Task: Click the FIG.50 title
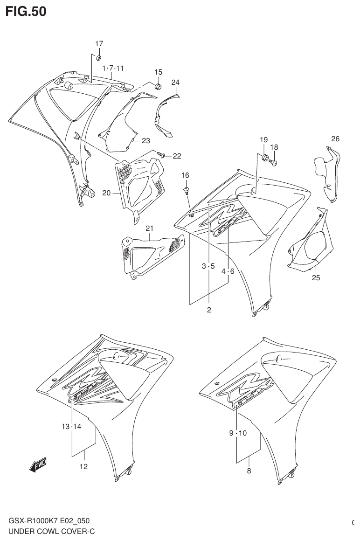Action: pyautogui.click(x=26, y=11)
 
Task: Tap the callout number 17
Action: pyautogui.click(x=99, y=44)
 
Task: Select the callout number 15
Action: pyautogui.click(x=158, y=72)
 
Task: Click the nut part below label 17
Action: pyautogui.click(x=99, y=57)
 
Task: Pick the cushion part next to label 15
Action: pyautogui.click(x=158, y=87)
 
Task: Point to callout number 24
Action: pyautogui.click(x=175, y=83)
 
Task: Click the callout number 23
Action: pyautogui.click(x=146, y=140)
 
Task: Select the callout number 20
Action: pyautogui.click(x=106, y=192)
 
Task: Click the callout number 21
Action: pyautogui.click(x=149, y=228)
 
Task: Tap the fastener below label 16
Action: pyautogui.click(x=186, y=190)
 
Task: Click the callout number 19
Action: pyautogui.click(x=263, y=139)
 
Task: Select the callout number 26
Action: pyautogui.click(x=335, y=138)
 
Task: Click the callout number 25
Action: pyautogui.click(x=316, y=278)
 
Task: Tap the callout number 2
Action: pyautogui.click(x=208, y=310)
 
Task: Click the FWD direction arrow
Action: pyautogui.click(x=38, y=464)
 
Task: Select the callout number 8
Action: pyautogui.click(x=249, y=471)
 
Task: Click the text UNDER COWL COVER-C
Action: pyautogui.click(x=51, y=531)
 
